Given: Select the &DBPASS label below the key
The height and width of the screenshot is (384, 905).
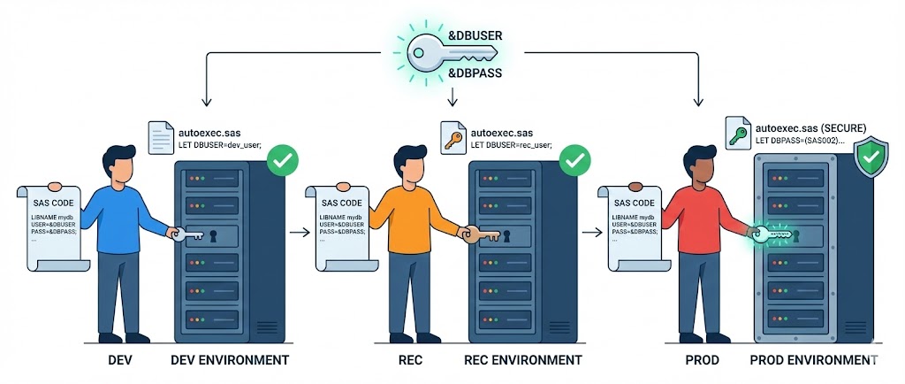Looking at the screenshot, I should coord(476,73).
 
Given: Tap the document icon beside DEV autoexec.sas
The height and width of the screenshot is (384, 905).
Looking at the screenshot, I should coord(161,138).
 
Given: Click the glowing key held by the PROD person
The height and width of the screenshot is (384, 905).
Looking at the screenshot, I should coord(767,234).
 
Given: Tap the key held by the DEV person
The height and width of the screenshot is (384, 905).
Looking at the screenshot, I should coord(187,235).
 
